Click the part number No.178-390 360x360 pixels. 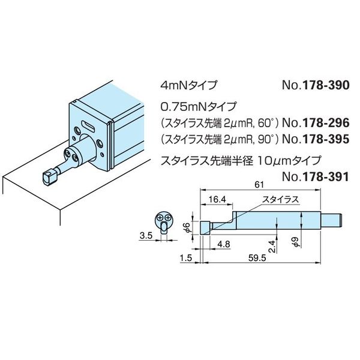(316, 86)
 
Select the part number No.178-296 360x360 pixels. (316, 123)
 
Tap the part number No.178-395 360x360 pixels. (316, 139)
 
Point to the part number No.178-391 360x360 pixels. (316, 177)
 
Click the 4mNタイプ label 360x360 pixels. (189, 86)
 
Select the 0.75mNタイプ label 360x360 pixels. (199, 106)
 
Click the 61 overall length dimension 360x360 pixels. (259, 185)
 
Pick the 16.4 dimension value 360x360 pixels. (216, 199)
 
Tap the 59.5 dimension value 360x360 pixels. (257, 258)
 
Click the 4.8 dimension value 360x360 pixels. (223, 244)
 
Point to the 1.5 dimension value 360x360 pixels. (186, 258)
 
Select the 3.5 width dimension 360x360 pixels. (146, 236)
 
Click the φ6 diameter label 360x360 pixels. (187, 228)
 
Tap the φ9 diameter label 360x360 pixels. (296, 242)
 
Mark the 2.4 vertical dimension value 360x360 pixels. (272, 246)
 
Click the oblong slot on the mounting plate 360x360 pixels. (88, 125)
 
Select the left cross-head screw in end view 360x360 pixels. (160, 217)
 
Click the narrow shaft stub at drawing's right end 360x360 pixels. (331, 220)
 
